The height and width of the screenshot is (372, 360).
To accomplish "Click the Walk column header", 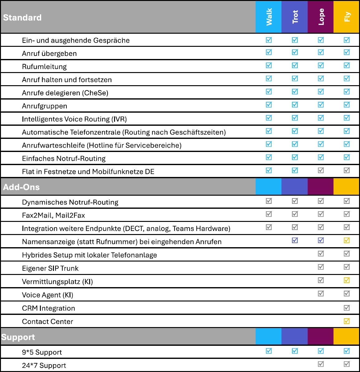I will (x=269, y=17).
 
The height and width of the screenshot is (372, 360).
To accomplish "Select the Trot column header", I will (x=295, y=17).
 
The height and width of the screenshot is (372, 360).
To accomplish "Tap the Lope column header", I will (x=321, y=17).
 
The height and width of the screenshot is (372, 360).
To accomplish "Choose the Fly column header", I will (x=347, y=17).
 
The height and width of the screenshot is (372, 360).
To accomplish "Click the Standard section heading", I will (x=22, y=17).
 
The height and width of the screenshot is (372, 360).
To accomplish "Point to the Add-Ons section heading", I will (x=21, y=187).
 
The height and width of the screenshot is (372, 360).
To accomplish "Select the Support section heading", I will (x=18, y=337).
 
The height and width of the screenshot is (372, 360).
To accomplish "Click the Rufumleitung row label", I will (x=44, y=66).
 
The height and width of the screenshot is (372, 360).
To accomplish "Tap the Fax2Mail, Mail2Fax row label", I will (x=53, y=215).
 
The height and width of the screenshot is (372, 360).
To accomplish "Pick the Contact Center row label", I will (x=47, y=321).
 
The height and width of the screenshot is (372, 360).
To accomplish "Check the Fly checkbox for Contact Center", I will (x=347, y=321).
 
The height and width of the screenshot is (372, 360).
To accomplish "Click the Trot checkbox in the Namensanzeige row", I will (x=295, y=241).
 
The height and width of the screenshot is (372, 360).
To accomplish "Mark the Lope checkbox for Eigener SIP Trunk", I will (x=321, y=267).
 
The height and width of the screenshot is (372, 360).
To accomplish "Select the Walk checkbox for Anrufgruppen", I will (x=269, y=105).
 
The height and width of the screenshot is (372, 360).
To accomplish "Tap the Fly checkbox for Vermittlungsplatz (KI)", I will (x=347, y=280).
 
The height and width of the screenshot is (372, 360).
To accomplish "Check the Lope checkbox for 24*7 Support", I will (x=321, y=364).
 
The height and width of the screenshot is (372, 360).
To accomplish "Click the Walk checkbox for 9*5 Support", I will (x=269, y=351).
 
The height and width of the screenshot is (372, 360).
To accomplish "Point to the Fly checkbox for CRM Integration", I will (x=347, y=308).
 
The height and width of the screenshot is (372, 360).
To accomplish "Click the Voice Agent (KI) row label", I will (x=47, y=295).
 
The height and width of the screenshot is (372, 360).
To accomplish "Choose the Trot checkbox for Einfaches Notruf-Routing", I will (x=295, y=157).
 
